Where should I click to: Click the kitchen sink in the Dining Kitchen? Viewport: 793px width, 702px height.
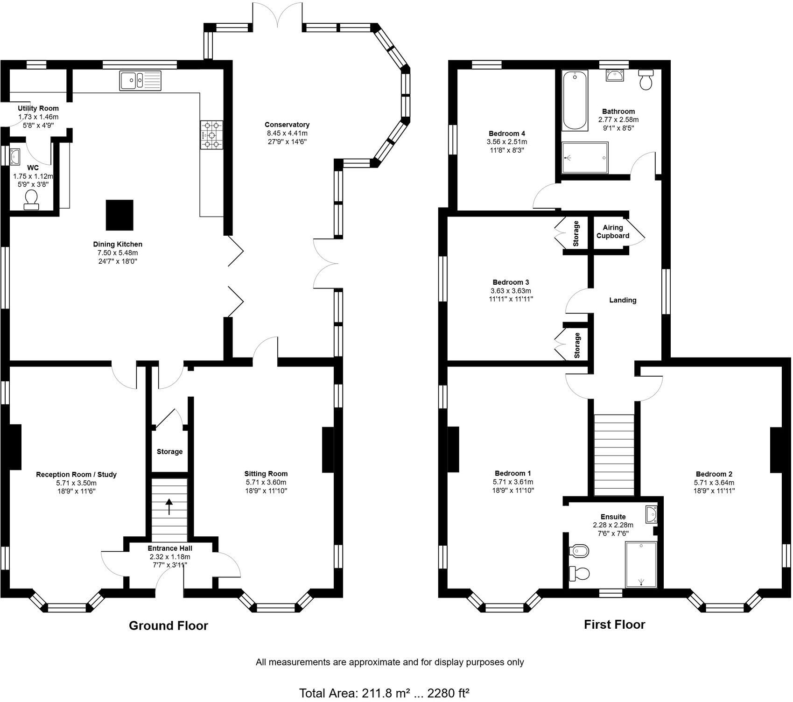coord(140,80)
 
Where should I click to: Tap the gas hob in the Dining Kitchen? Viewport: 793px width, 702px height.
coord(212,135)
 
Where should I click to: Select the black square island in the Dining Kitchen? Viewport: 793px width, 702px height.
coord(119,215)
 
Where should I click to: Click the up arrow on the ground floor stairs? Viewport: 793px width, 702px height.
coord(169,506)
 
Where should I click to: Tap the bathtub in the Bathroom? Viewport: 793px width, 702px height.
coord(575,101)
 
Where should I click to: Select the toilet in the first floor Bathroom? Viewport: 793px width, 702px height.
coord(646,80)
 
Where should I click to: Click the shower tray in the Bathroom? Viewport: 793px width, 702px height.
coord(585,158)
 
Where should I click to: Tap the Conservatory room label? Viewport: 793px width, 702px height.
coord(287,125)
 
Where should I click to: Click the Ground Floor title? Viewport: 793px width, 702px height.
coord(168,625)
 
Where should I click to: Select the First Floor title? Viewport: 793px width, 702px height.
coord(614,625)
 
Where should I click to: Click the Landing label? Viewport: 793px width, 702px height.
coord(623,300)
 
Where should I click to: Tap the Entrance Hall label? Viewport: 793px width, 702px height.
coord(170,548)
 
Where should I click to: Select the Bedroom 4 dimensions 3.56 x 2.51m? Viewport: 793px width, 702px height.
coord(507,142)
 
